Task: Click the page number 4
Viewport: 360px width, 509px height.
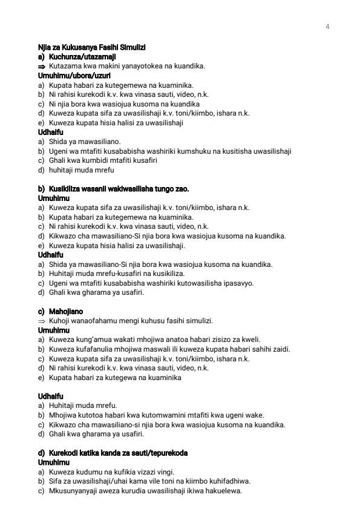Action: [327, 26]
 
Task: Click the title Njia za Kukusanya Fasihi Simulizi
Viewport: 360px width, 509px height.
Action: [91, 48]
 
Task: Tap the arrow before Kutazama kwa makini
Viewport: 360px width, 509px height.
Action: [42, 66]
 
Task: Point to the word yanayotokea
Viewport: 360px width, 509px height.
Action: [125, 66]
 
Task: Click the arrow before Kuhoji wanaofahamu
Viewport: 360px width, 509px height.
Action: [42, 321]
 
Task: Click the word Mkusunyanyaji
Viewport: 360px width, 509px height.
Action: [71, 490]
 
